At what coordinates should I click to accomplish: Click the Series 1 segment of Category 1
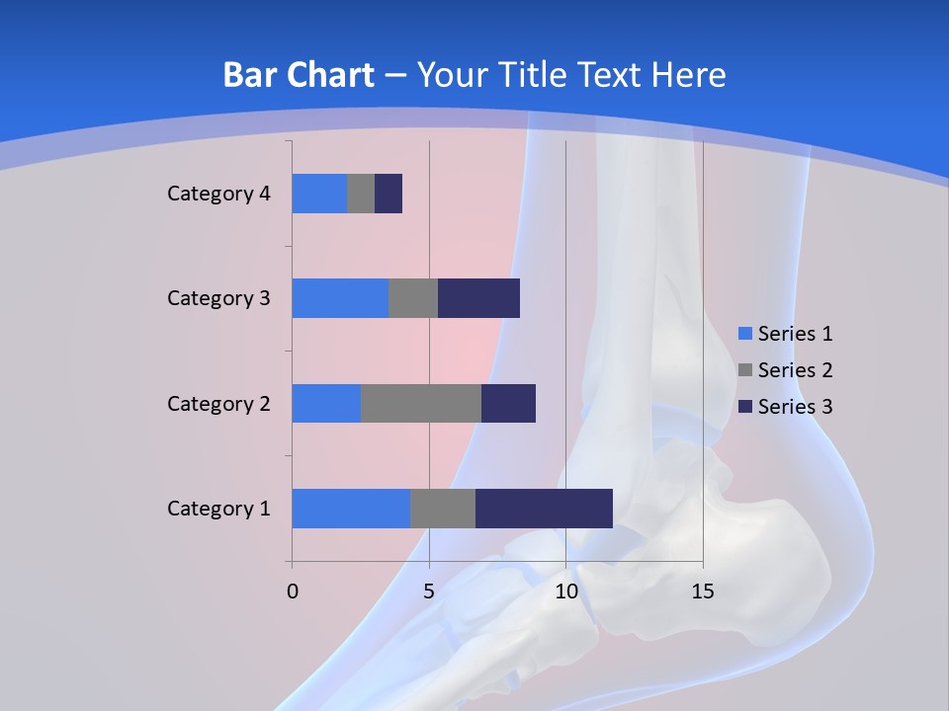(x=351, y=509)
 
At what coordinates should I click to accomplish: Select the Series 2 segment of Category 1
(x=443, y=509)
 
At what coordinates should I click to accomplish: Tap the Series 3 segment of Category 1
(x=544, y=509)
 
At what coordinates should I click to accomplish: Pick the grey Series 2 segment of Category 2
(x=421, y=403)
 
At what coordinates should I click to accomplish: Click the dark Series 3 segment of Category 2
(x=508, y=403)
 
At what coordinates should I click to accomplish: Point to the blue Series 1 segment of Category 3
(x=340, y=298)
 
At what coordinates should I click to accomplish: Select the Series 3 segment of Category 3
(x=478, y=298)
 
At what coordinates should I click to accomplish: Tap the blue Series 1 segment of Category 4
(x=319, y=194)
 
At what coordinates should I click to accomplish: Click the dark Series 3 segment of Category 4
(x=388, y=194)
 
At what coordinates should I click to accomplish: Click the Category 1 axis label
(x=218, y=509)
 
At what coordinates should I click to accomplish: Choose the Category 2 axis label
(x=218, y=404)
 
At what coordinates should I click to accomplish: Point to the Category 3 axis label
(x=218, y=298)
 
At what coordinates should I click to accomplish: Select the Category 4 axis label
(x=218, y=194)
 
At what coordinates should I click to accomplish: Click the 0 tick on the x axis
(x=293, y=592)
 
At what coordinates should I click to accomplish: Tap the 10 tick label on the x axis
(x=565, y=592)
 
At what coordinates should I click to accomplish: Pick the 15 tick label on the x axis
(x=702, y=592)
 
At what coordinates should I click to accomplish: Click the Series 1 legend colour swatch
(x=745, y=334)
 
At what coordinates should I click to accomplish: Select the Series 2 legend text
(x=795, y=370)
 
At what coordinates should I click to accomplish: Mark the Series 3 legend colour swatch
(x=745, y=407)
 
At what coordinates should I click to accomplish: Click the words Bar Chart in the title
(x=299, y=75)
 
